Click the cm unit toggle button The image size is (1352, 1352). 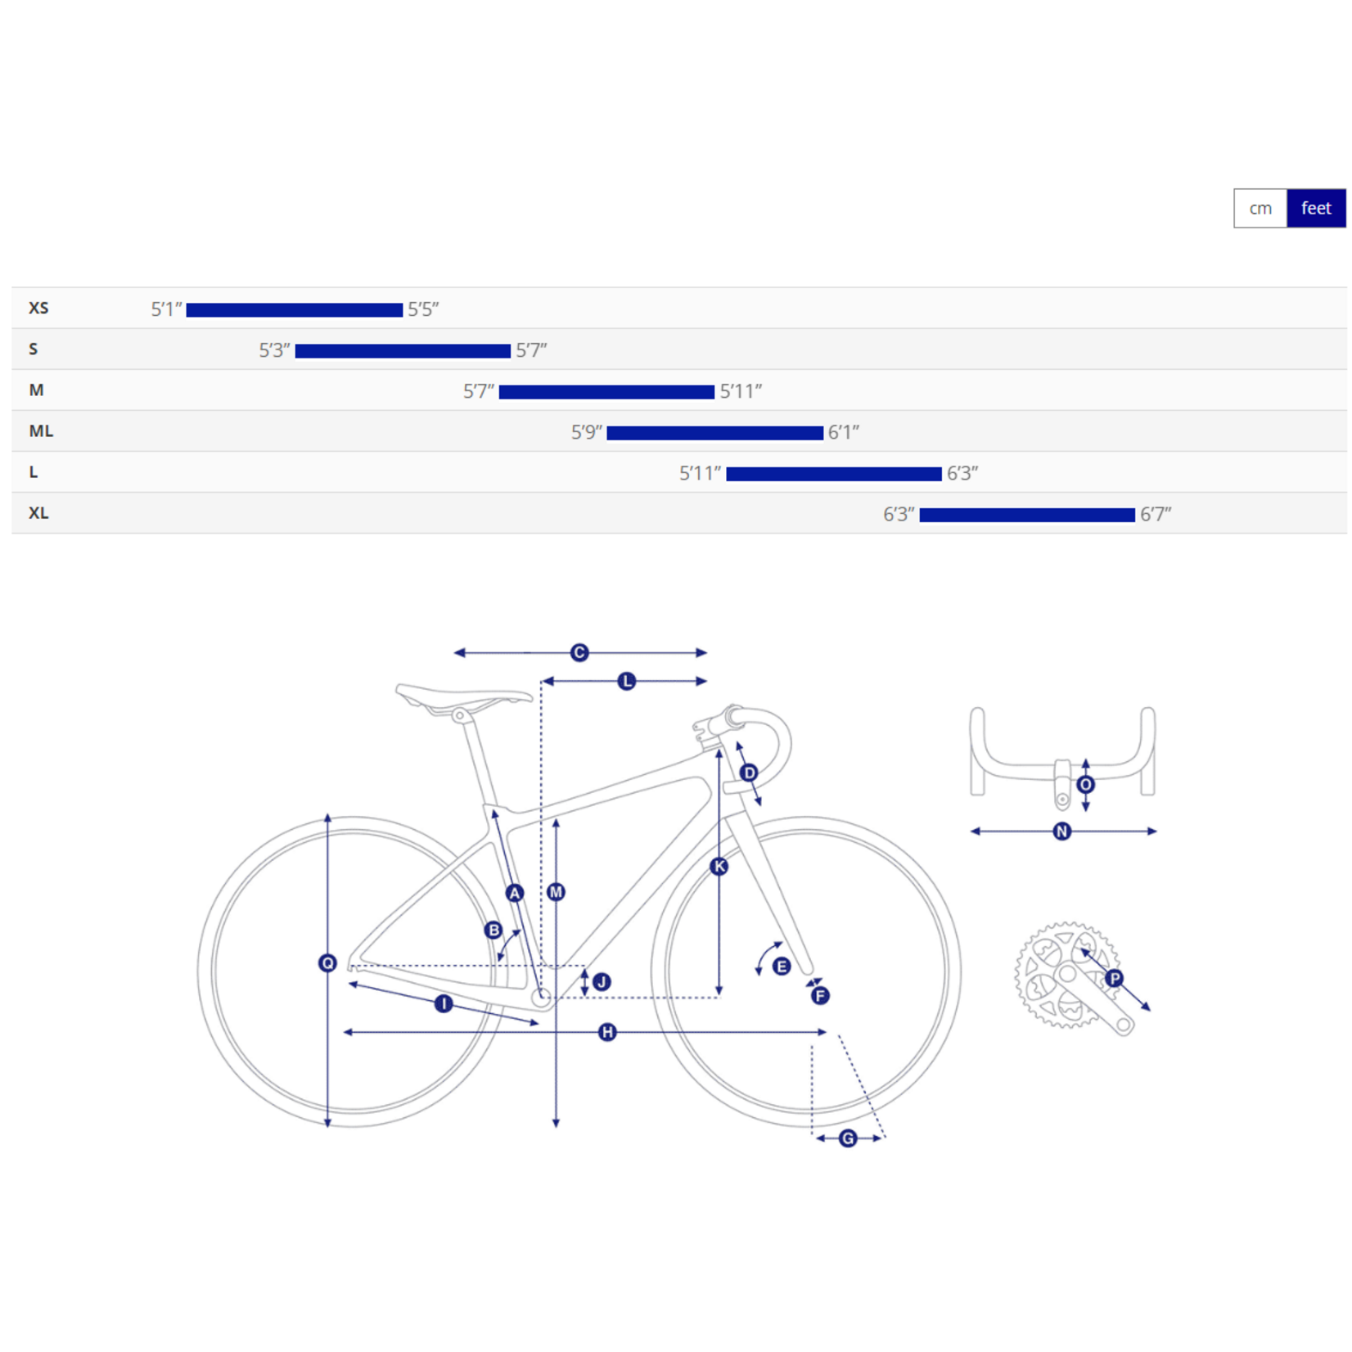[x=1260, y=209]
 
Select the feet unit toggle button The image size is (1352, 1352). [x=1316, y=209]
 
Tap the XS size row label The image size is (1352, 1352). [x=38, y=309]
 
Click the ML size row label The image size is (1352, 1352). [x=41, y=431]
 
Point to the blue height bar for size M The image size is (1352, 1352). [x=606, y=392]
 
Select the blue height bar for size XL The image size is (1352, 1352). [x=1027, y=515]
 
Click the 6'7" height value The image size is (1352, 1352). [x=1156, y=515]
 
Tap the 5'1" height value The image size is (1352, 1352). [x=166, y=309]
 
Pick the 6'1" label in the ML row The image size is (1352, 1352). [x=844, y=432]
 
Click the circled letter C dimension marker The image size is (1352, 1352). [x=579, y=653]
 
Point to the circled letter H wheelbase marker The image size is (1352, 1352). [x=607, y=1033]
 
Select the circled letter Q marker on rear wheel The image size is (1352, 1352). [x=327, y=963]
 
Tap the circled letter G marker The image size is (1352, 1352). [x=848, y=1138]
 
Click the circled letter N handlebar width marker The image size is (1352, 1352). [x=1062, y=831]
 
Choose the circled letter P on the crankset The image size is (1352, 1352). [x=1115, y=979]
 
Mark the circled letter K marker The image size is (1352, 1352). [x=719, y=867]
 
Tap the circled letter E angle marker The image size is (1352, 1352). [x=782, y=967]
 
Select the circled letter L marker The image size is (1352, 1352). [x=627, y=682]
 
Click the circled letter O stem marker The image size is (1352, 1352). [x=1086, y=785]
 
